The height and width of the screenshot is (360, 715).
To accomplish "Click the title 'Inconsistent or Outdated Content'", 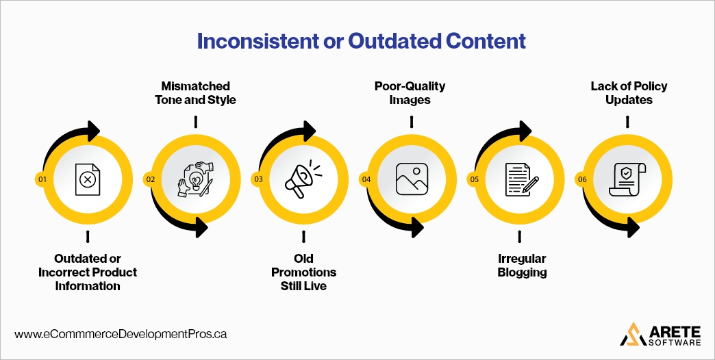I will (361, 42).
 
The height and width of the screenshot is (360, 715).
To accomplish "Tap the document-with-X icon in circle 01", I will (88, 179).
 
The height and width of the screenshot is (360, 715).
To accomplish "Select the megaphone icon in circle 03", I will (303, 179).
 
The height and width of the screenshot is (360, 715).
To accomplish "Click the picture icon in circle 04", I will (411, 179).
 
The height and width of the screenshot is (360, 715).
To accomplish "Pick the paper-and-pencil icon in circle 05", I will (520, 179).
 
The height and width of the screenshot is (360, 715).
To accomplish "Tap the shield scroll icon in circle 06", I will (627, 179).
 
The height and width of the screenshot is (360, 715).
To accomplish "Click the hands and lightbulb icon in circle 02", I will (196, 179).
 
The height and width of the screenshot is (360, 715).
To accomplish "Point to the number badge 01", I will (42, 179).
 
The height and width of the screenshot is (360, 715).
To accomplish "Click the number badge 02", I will (150, 179).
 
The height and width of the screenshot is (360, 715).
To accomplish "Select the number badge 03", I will (258, 179).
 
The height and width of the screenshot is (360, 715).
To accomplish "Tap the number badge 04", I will (366, 179).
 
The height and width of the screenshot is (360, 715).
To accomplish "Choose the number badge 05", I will (474, 179).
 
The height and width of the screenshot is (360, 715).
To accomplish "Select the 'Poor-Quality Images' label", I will (410, 93).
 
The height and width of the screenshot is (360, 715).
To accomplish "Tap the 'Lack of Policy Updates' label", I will (629, 93).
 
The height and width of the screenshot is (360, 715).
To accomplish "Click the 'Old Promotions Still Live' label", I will (303, 272).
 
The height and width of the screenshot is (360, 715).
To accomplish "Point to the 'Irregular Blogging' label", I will (521, 266).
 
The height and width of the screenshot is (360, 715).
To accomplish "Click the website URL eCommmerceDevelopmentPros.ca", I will (121, 335).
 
